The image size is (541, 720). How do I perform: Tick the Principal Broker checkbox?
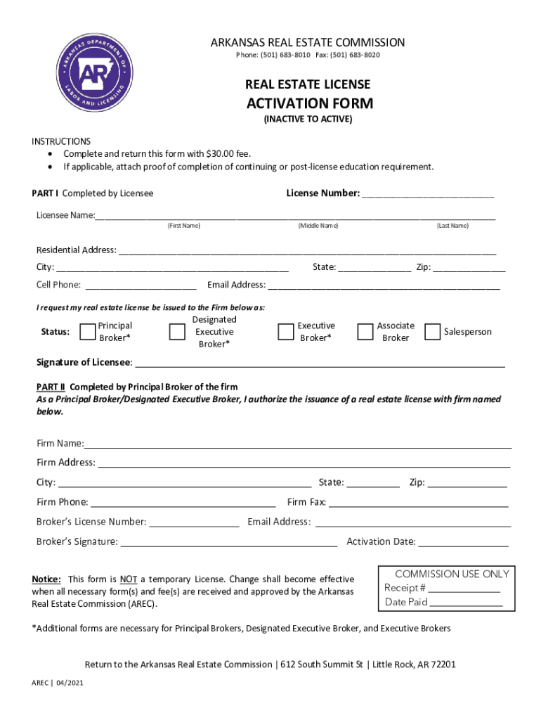pos(88,332)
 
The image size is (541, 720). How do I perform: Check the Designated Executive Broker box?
pos(177,332)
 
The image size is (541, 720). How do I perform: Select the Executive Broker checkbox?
pos(286,332)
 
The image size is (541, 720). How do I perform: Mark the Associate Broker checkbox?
pos(365,332)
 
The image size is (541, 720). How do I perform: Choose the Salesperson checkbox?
pos(433,332)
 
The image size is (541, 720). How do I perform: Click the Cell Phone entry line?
pos(141,287)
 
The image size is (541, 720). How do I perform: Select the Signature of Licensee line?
pos(320,364)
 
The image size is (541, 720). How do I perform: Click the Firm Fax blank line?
pos(419,504)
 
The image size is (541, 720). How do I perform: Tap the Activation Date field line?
pos(464,544)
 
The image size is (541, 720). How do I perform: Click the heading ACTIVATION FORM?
pos(310,104)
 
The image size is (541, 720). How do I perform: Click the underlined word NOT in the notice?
pos(128,579)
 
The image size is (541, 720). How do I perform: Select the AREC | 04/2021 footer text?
pos(58,683)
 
